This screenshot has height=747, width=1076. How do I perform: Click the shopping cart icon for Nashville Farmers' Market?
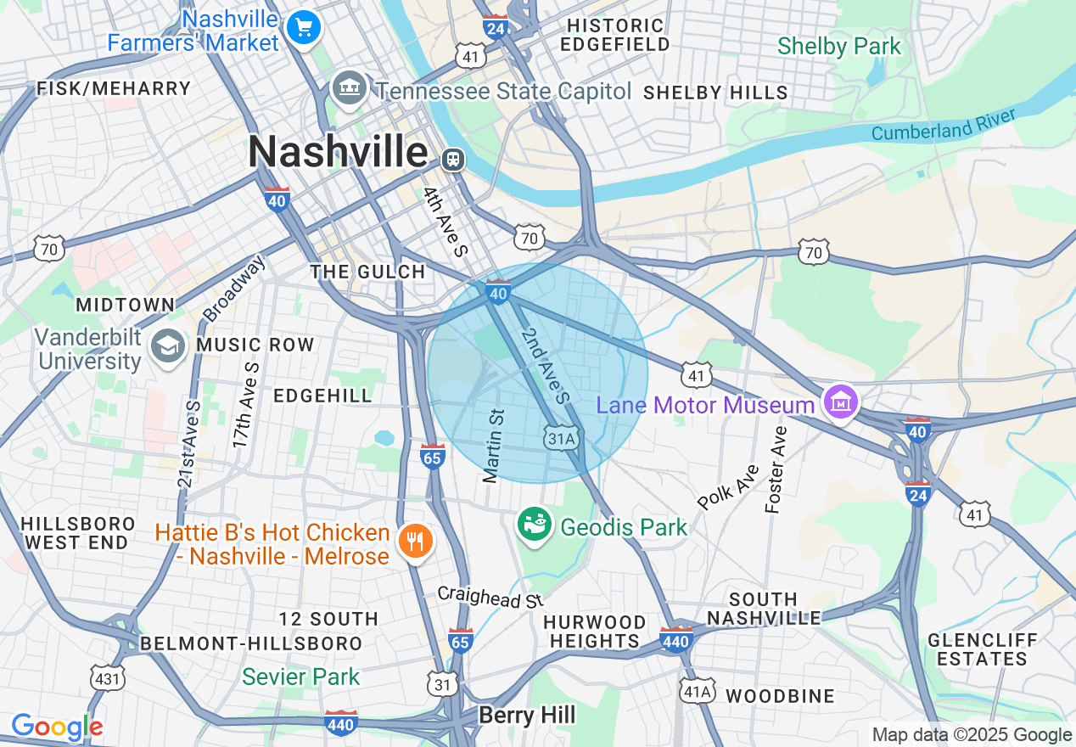pos(303,27)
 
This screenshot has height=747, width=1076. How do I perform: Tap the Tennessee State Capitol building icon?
pos(349,87)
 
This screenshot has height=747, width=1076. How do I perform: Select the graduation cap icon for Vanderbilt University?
pos(168,346)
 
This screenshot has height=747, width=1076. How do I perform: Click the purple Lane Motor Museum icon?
pos(841,402)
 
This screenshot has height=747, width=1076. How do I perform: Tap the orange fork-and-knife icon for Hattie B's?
pos(415,540)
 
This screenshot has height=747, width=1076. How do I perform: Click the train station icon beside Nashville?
pos(454,159)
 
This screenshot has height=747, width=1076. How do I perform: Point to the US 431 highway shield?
pos(108,677)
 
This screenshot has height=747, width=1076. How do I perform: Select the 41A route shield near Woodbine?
pos(698,692)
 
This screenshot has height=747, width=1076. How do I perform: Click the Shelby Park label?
pos(838,46)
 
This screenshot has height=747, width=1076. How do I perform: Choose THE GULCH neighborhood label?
pos(367,272)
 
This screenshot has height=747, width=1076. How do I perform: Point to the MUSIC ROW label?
pos(255,345)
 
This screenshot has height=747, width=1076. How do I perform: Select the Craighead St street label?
pos(490,597)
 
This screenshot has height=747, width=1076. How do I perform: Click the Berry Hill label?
pos(527,716)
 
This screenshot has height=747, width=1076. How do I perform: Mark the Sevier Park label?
pos(301,677)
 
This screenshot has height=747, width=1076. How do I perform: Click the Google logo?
pos(57,727)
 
